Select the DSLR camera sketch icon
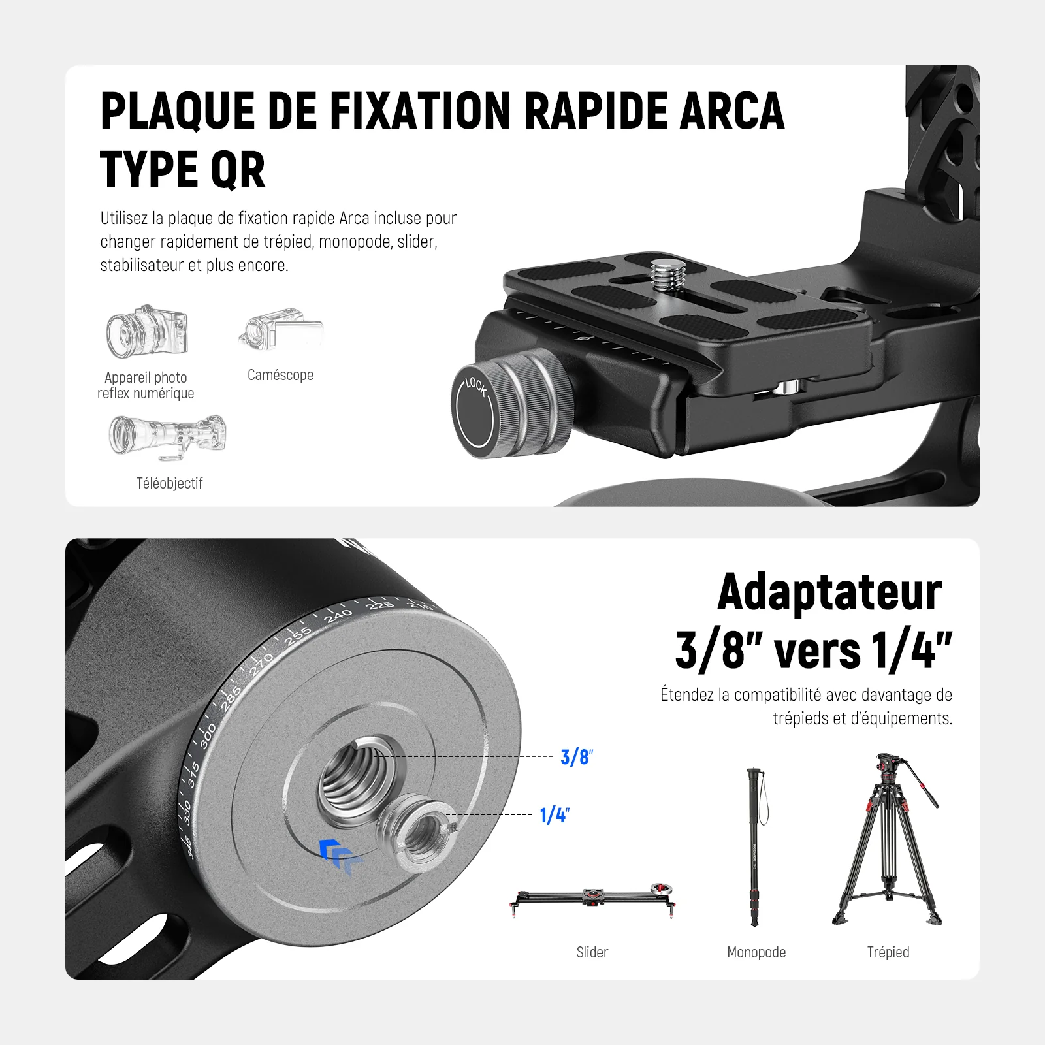coord(147,331)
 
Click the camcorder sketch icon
coord(281,330)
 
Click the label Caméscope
coord(281,375)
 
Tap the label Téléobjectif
coord(169,483)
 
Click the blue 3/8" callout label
coord(577,757)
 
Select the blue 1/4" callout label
coord(555,815)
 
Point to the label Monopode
coord(756,952)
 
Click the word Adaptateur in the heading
coord(829,592)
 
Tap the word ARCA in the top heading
coord(731,110)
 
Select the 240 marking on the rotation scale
coord(338,615)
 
